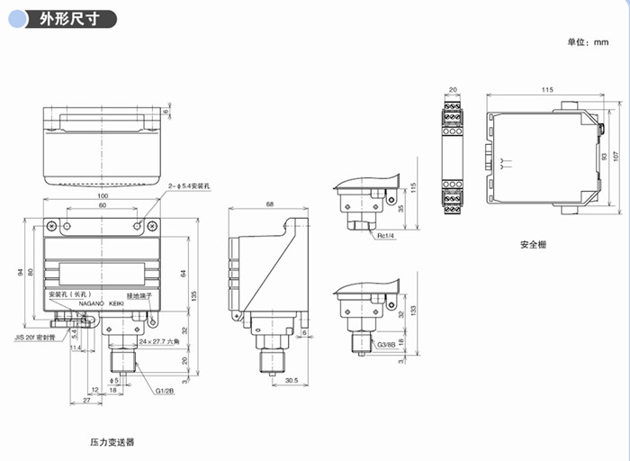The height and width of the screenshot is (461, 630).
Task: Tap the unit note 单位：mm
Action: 588,43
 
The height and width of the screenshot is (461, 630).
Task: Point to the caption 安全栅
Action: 534,244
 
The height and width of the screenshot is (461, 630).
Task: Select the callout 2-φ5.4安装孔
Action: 188,185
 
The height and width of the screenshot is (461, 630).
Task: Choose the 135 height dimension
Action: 195,295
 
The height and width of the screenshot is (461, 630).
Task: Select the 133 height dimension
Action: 412,309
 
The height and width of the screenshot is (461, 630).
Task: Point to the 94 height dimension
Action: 20,272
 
